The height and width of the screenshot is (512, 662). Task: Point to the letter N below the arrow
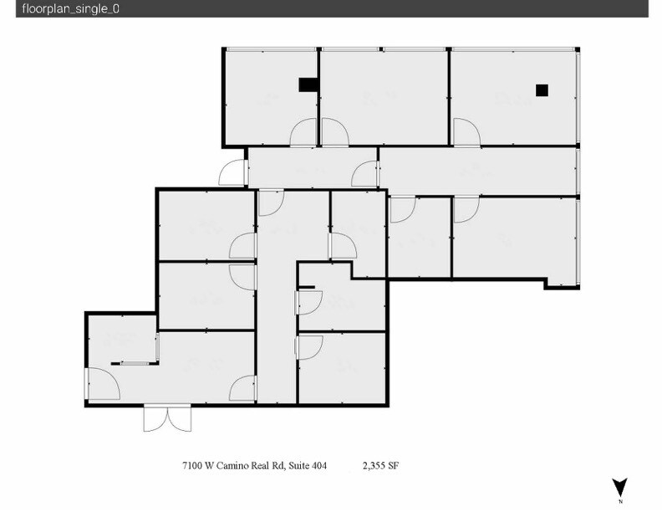[620, 502]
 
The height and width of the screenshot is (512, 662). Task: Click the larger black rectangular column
[308, 84]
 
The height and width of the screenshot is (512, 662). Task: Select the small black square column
[542, 90]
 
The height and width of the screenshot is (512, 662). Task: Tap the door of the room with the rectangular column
[304, 133]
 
